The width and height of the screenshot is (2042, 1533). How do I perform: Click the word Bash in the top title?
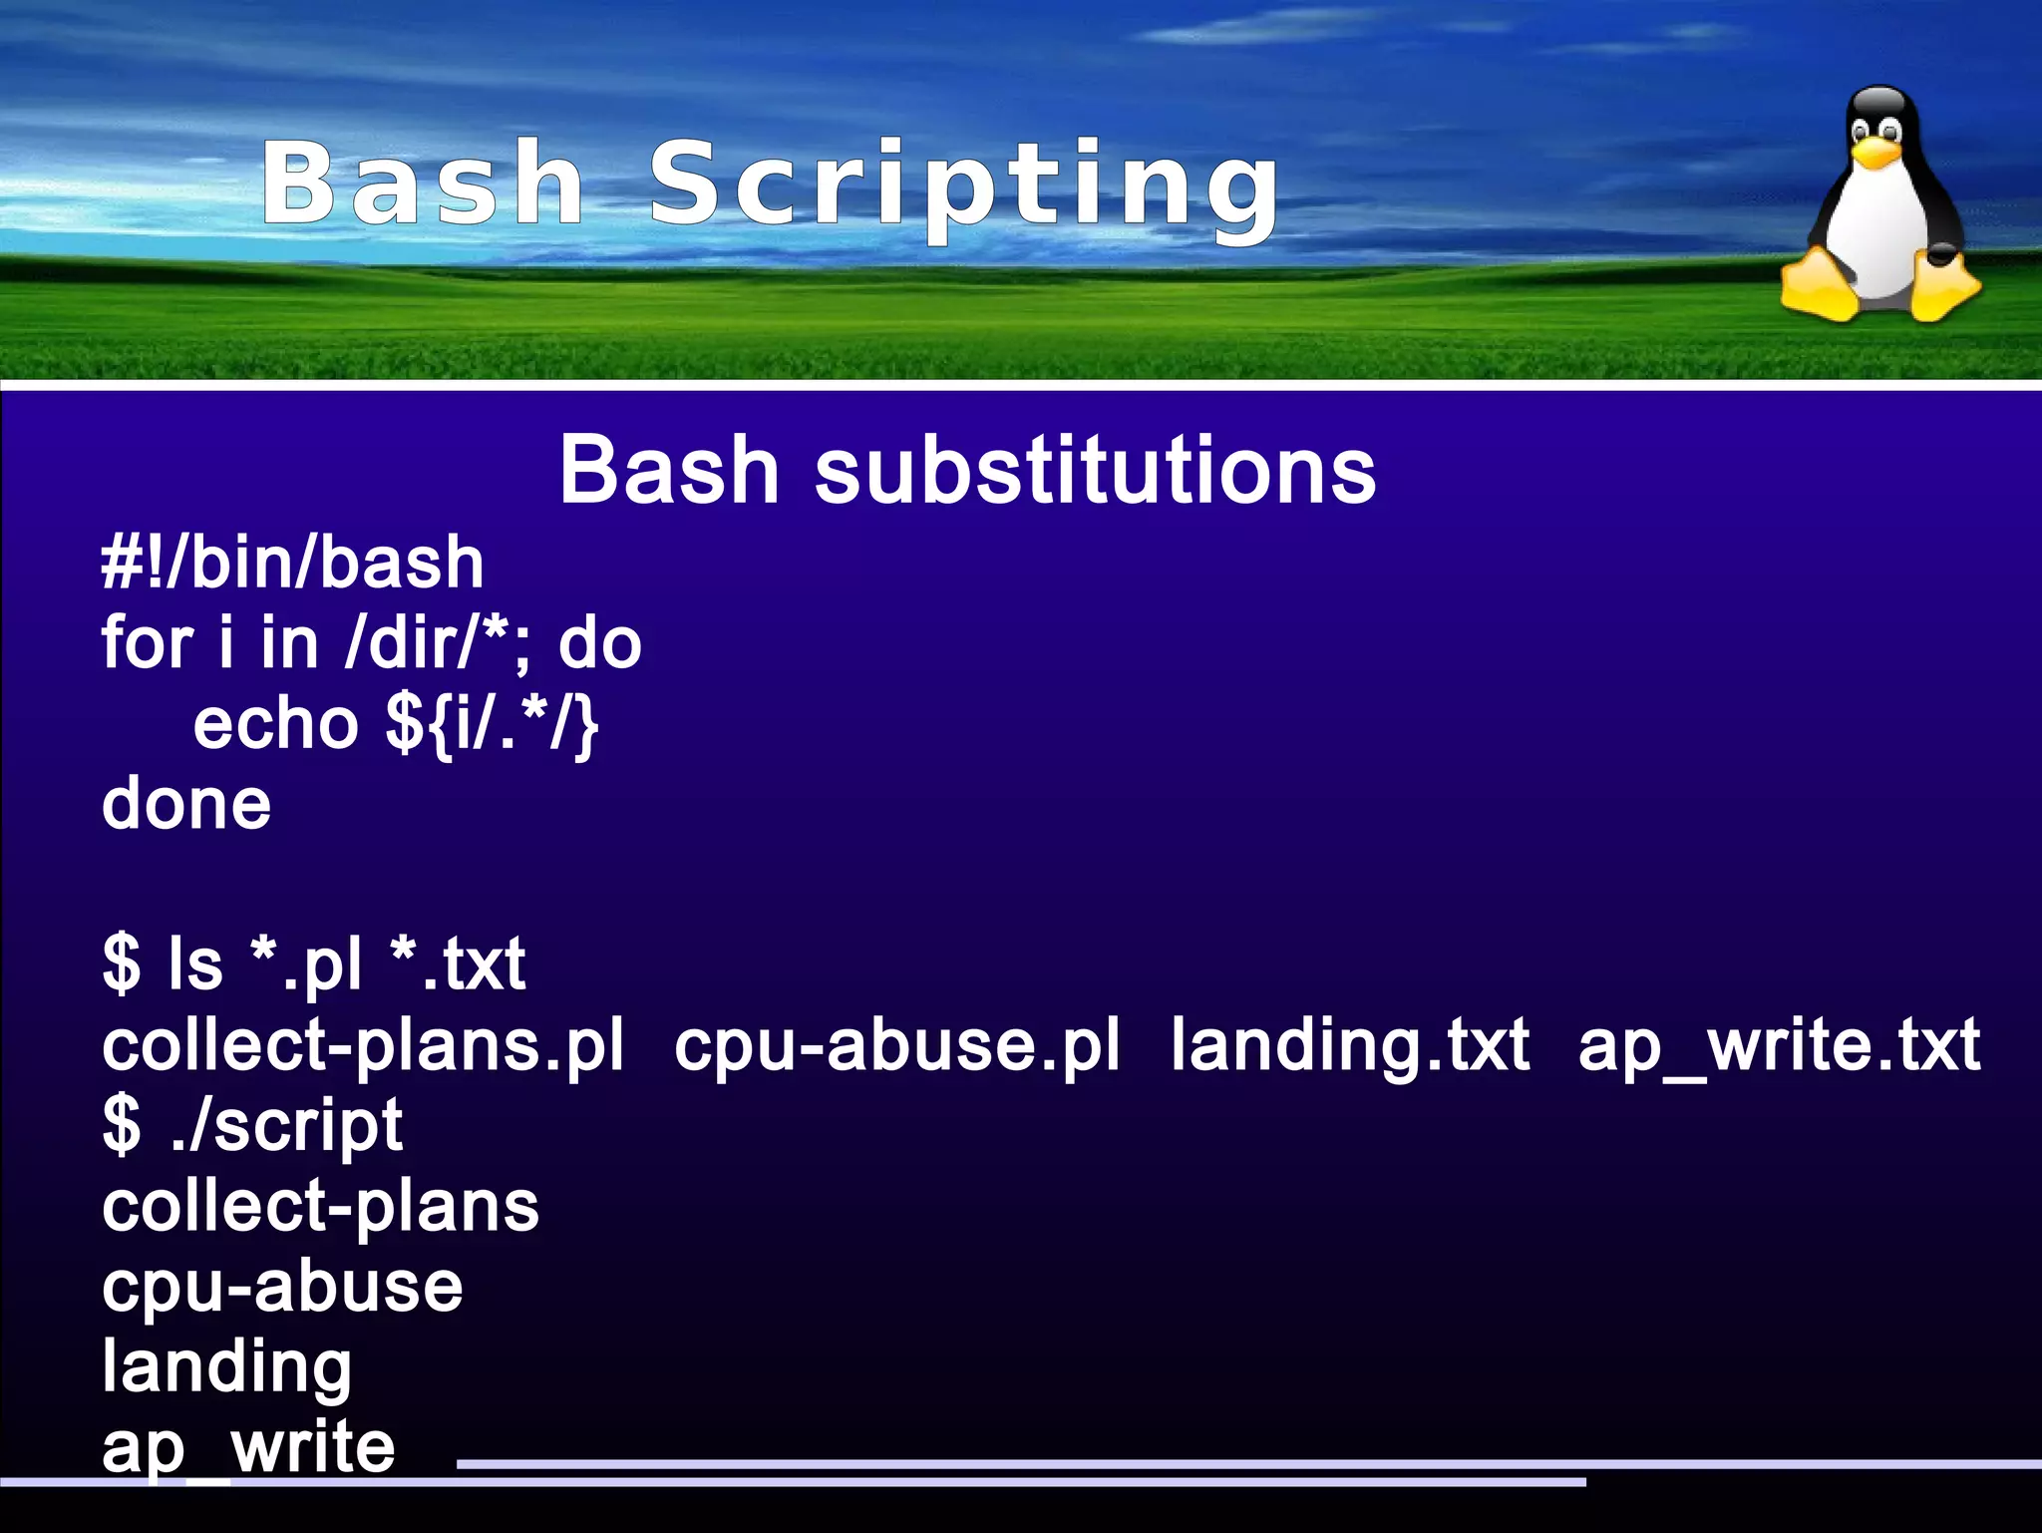tap(423, 184)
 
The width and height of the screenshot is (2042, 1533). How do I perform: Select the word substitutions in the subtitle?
tap(1095, 471)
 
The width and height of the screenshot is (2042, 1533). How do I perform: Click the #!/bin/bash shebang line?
tap(293, 564)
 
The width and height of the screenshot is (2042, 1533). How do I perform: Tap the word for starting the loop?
tap(147, 643)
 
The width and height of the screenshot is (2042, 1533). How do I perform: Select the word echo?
tap(275, 724)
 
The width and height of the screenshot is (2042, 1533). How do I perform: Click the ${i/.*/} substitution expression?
tap(492, 724)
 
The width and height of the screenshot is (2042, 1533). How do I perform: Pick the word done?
tap(186, 804)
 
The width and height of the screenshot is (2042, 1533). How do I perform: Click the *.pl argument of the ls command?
tap(305, 964)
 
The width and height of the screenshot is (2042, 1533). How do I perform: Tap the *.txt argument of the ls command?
tap(458, 964)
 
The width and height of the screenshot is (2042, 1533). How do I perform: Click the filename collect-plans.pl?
tap(363, 1046)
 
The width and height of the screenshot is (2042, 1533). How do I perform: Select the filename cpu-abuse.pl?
tap(896, 1046)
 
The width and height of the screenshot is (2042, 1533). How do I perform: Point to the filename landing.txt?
tap(1350, 1046)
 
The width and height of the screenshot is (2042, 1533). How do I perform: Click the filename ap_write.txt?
tap(1779, 1046)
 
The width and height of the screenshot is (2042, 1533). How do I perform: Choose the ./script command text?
tap(286, 1126)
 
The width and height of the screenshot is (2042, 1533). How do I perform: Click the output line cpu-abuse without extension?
tap(282, 1287)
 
